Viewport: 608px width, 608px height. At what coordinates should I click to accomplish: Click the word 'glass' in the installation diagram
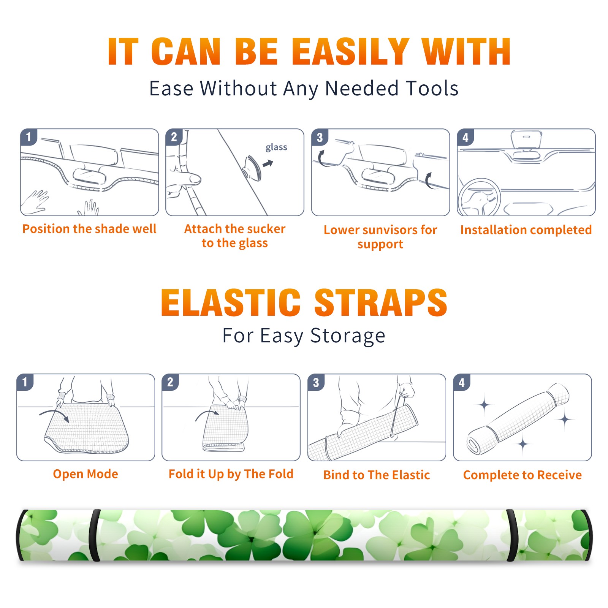click(x=276, y=147)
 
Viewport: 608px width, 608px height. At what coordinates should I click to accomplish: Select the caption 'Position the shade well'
click(x=89, y=229)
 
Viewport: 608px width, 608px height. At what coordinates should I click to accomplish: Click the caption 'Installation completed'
click(x=526, y=230)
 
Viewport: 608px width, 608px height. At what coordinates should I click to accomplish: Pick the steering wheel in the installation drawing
click(x=479, y=198)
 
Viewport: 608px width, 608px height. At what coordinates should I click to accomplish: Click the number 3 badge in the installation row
click(x=320, y=138)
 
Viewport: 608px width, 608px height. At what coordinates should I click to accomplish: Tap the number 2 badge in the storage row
click(x=170, y=382)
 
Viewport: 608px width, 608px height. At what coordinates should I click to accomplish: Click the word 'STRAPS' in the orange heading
click(x=381, y=302)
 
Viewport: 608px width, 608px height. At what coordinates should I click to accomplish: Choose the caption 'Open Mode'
click(x=85, y=474)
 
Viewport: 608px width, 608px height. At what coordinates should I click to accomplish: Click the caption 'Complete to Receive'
click(x=522, y=475)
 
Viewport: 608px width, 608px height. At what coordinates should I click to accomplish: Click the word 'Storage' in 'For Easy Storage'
click(x=348, y=336)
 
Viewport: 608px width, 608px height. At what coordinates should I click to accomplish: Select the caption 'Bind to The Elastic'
click(x=377, y=475)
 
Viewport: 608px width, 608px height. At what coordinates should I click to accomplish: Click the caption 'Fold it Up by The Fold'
click(x=231, y=474)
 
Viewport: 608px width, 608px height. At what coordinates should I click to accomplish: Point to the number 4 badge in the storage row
click(x=462, y=382)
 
